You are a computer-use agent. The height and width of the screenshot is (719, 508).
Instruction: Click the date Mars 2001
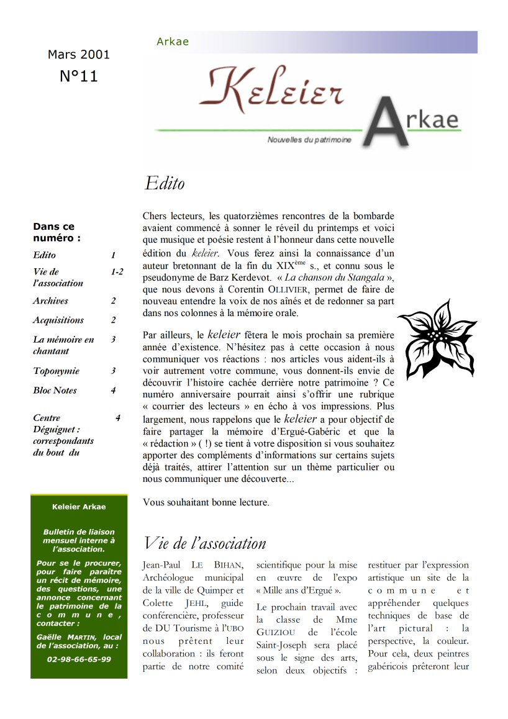click(x=78, y=55)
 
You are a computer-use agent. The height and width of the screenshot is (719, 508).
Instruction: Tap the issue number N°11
click(x=78, y=76)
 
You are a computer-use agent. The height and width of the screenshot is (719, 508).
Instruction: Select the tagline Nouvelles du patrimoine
click(x=309, y=140)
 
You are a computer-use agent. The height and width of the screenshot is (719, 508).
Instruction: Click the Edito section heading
click(x=165, y=184)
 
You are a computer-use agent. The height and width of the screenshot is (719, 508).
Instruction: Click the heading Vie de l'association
click(x=204, y=543)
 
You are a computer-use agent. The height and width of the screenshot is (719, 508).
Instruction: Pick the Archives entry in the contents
click(x=51, y=301)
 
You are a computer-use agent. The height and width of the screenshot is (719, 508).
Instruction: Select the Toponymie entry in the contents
click(x=57, y=371)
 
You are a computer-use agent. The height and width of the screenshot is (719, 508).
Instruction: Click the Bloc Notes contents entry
click(x=55, y=391)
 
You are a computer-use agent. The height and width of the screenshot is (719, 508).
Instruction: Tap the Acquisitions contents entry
click(x=58, y=320)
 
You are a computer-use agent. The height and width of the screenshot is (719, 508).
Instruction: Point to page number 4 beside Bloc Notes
click(x=113, y=391)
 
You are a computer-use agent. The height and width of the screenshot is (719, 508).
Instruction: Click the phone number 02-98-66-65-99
click(x=79, y=659)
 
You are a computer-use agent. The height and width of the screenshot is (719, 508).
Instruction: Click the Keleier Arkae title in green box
click(x=79, y=507)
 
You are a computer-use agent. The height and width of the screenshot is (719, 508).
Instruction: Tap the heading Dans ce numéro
click(x=57, y=232)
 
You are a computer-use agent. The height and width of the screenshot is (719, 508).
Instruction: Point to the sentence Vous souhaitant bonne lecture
click(x=206, y=502)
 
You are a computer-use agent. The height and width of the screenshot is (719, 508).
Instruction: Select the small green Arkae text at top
click(x=173, y=42)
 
